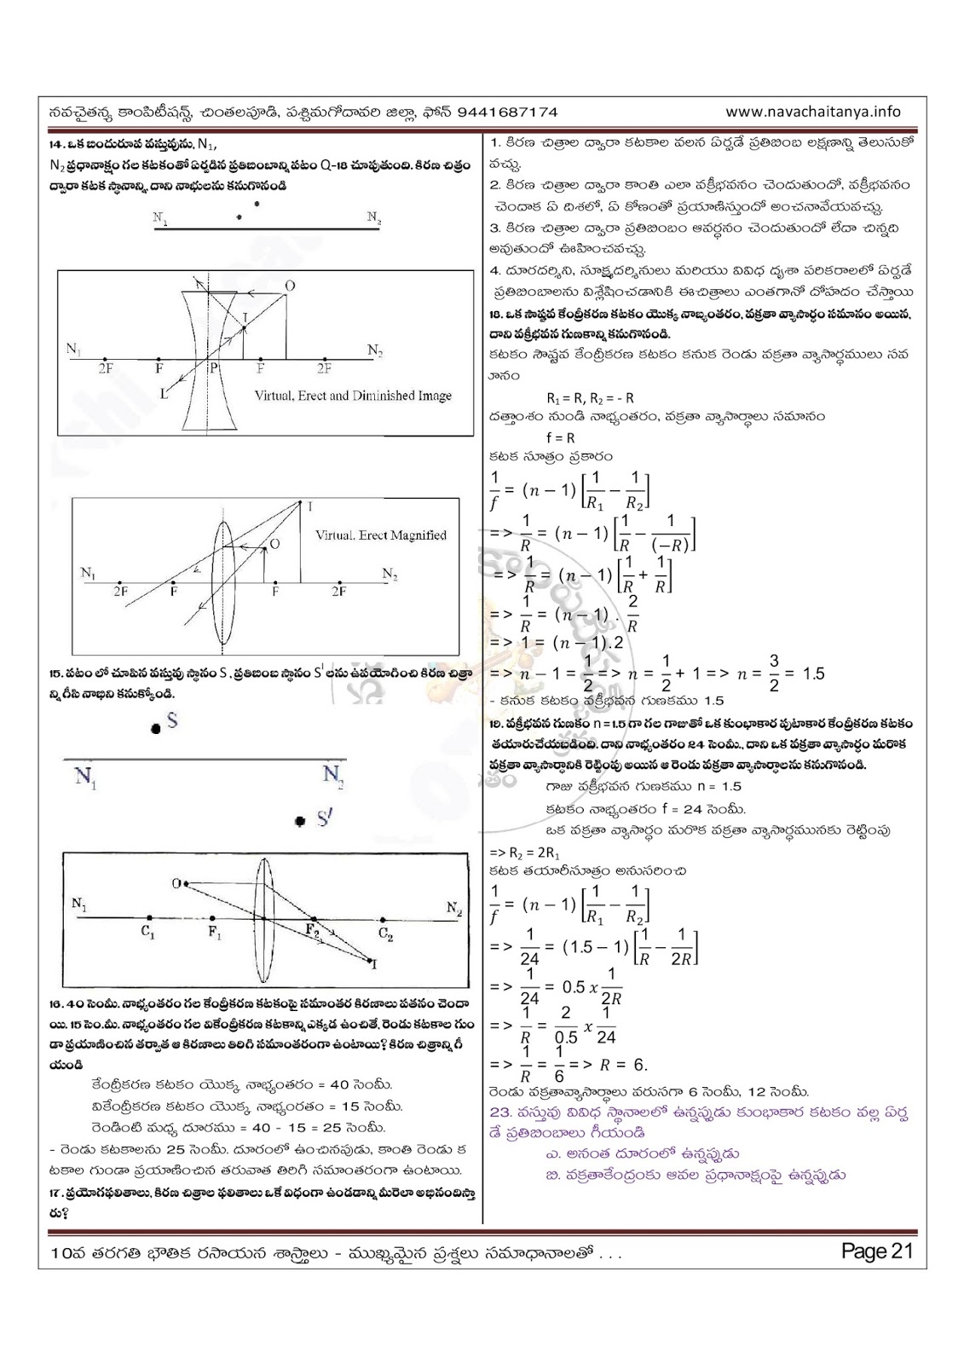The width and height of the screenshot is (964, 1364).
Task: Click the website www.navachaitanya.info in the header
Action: coord(813,112)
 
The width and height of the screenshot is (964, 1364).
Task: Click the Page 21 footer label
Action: coord(876,1251)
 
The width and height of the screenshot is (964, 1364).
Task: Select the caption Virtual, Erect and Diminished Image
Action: coord(353,396)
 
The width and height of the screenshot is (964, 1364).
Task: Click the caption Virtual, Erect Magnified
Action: coord(381,535)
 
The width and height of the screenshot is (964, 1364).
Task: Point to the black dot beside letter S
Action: coord(154,729)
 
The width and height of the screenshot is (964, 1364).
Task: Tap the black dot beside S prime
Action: coord(299,822)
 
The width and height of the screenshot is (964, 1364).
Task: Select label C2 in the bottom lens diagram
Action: coord(386,934)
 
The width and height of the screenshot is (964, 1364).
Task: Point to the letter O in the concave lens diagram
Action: coord(291,286)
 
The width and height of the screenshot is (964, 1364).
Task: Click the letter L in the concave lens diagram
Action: coord(165,393)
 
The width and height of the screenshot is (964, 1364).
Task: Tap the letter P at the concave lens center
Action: coord(215,369)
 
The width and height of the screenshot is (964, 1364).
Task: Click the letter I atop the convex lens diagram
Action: coord(309,506)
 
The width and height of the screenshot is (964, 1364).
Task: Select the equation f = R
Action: coord(561,437)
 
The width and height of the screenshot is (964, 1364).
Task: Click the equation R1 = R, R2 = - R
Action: coord(590,397)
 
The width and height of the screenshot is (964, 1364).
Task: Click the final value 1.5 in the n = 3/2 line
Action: coord(813,673)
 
